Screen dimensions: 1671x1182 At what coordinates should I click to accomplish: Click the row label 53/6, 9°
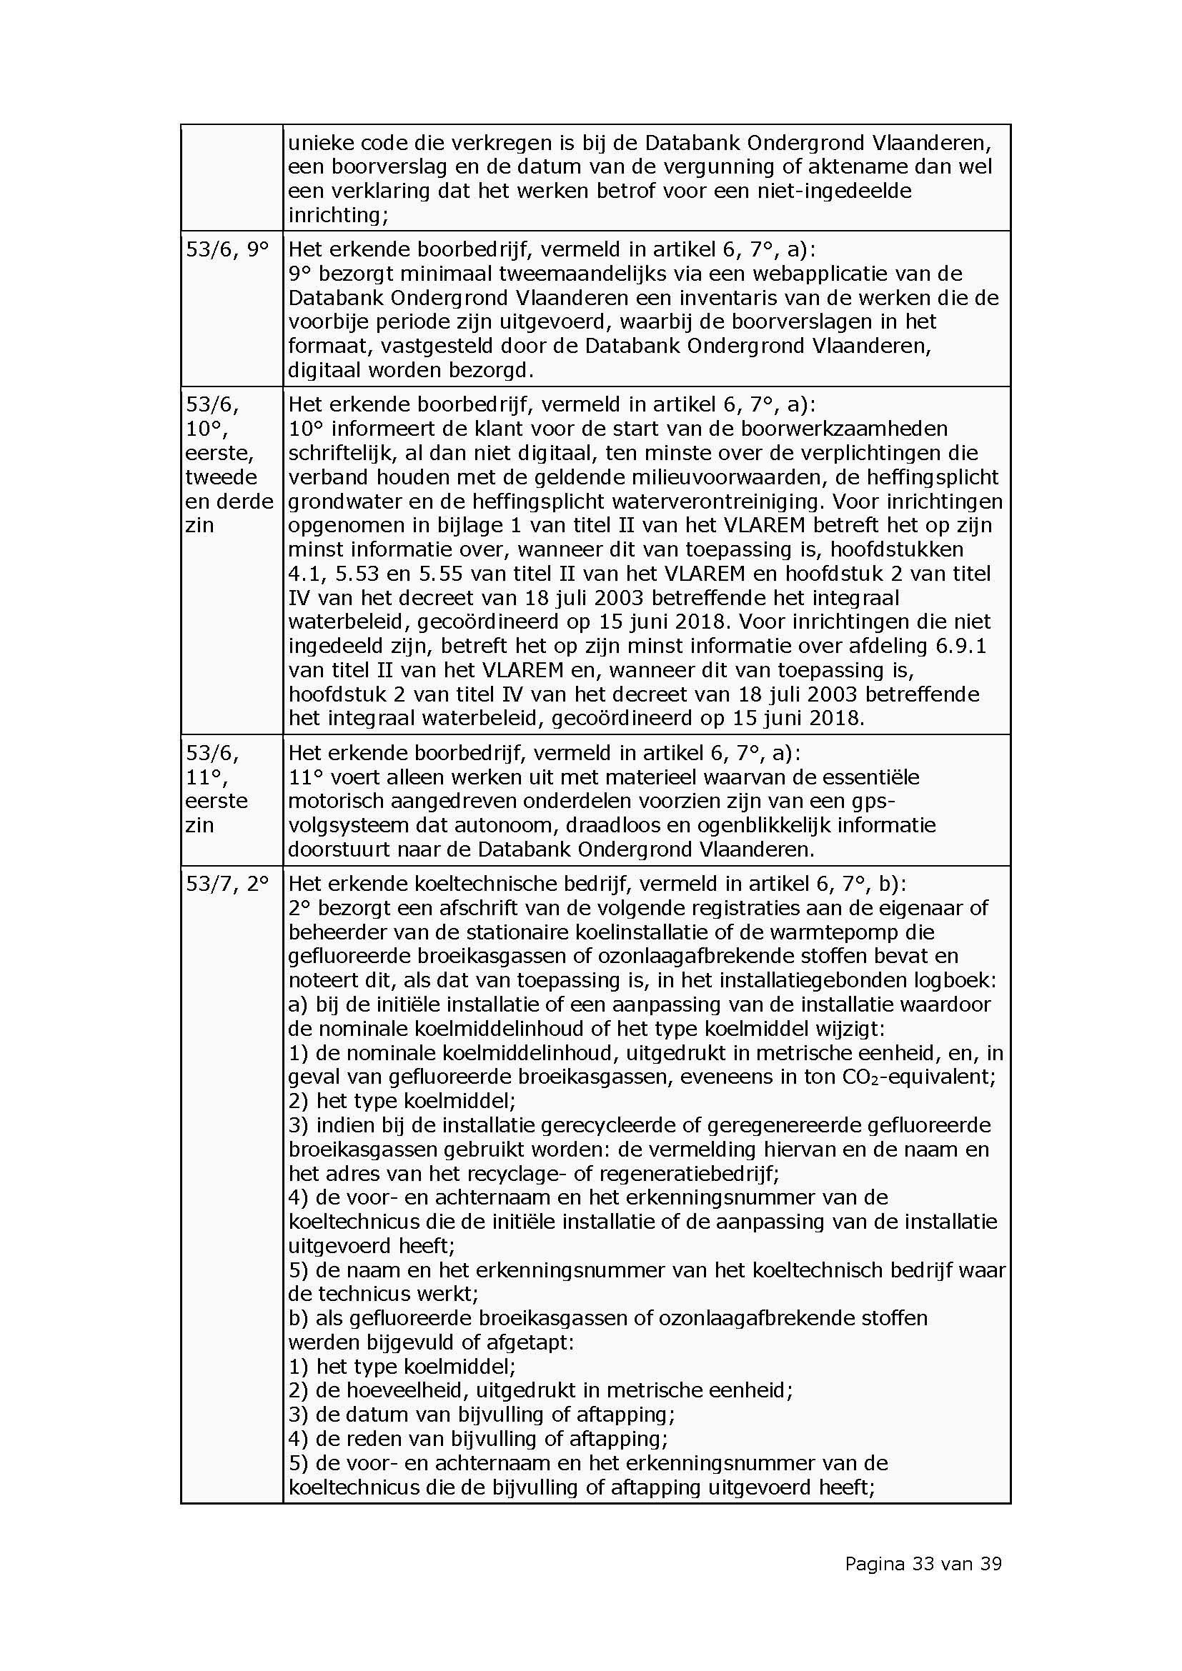click(227, 249)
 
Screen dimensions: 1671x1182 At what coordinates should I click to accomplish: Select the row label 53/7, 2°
click(227, 884)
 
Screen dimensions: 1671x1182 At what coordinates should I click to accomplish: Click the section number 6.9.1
click(958, 646)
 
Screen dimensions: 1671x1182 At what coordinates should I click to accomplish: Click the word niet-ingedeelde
click(833, 191)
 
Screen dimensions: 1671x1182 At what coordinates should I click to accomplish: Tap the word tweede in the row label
click(222, 477)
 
